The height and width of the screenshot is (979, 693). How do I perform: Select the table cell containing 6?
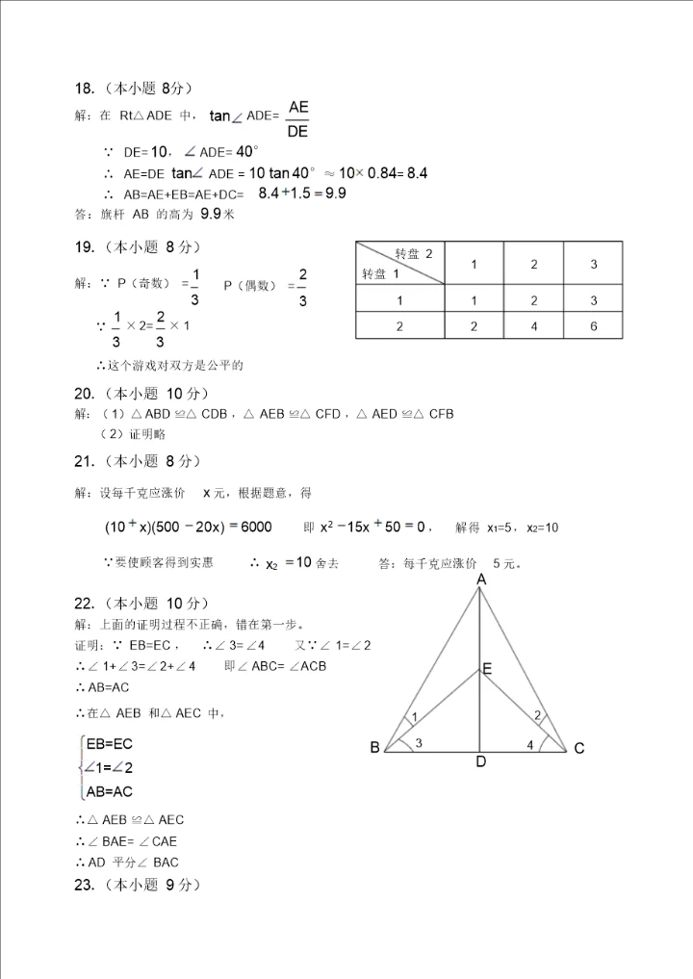click(594, 326)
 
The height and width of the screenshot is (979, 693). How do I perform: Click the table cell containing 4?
click(534, 326)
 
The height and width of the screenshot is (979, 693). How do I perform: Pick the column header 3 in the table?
click(594, 264)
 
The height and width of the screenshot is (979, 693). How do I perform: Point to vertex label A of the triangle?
click(480, 580)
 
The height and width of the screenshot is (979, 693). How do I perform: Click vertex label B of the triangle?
click(375, 747)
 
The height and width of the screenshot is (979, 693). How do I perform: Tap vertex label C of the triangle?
click(579, 748)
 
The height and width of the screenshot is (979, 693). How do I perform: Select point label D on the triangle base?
click(480, 763)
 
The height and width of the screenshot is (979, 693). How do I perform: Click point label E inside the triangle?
click(487, 669)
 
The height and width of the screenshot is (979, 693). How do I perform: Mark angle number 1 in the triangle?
click(414, 717)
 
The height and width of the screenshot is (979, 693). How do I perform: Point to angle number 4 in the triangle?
click(530, 743)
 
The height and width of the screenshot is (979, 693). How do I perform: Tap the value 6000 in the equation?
click(249, 527)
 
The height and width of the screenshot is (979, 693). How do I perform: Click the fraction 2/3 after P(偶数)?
click(302, 288)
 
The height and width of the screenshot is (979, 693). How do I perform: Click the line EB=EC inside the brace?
click(109, 744)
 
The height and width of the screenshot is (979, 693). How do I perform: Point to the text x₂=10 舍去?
click(302, 563)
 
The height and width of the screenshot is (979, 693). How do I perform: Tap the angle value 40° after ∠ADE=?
click(247, 151)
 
